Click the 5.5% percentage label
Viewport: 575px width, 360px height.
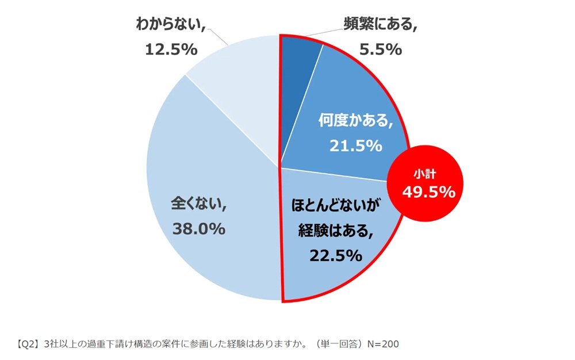(380, 50)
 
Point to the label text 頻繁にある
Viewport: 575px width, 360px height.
(379, 25)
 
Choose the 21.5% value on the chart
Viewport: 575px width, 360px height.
(355, 146)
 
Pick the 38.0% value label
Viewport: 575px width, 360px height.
(198, 229)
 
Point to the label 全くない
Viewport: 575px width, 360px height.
(198, 204)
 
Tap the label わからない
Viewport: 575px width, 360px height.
(170, 24)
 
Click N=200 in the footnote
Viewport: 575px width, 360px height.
(382, 344)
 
